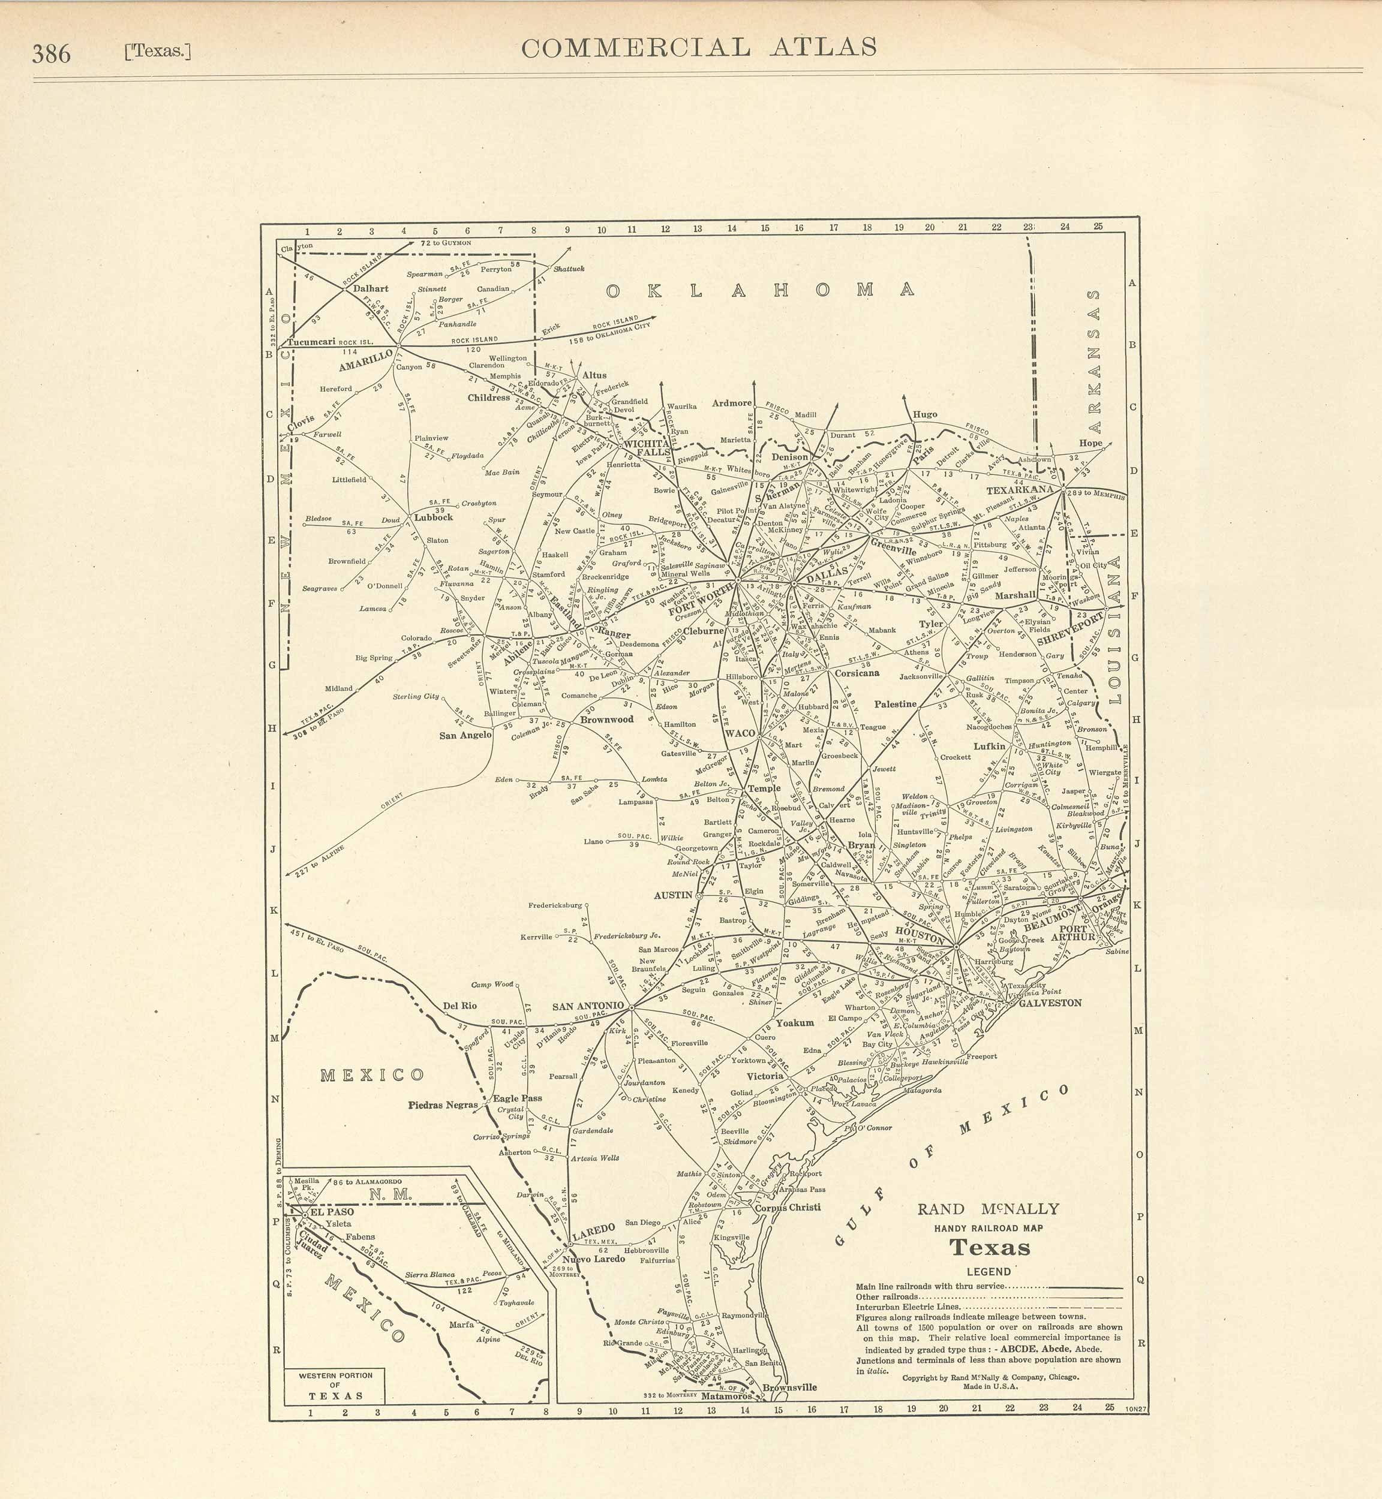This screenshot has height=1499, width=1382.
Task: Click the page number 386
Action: pos(51,54)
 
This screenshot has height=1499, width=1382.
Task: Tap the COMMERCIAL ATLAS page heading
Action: pos(698,48)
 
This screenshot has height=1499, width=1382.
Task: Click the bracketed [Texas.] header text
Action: pos(158,52)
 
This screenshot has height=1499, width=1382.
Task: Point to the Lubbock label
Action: pos(433,517)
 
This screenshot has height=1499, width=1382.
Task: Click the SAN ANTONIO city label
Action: pos(588,1006)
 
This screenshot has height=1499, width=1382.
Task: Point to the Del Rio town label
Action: pos(459,1006)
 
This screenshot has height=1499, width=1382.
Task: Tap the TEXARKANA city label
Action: pos(1019,491)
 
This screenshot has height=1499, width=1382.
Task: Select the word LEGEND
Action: pos(989,1272)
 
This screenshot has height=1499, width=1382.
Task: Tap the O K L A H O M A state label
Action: pos(760,290)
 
